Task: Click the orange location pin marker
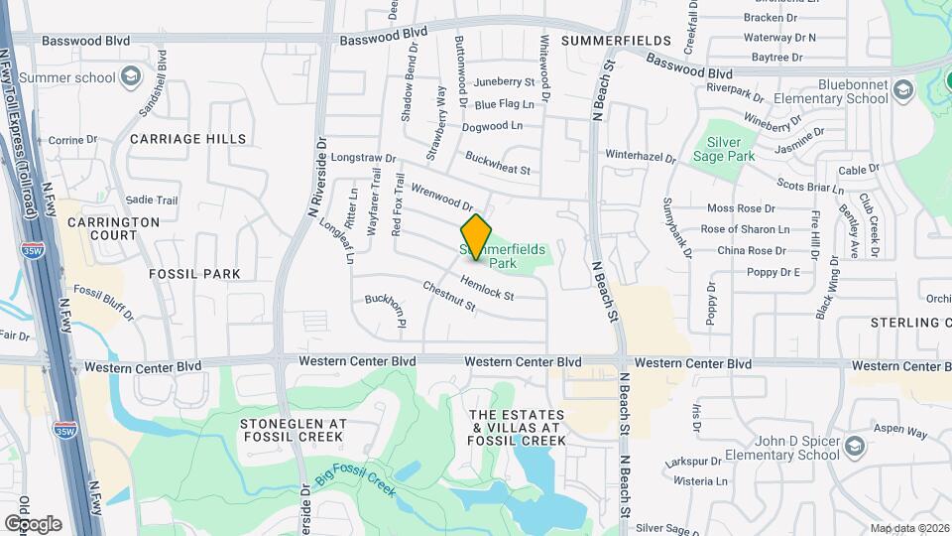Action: coord(477,237)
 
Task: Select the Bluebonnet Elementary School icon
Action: coord(902,91)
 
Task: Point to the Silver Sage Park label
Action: coord(731,149)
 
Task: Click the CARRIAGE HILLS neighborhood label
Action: coord(187,139)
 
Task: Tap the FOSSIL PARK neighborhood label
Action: coord(194,273)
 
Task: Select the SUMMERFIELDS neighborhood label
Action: coord(604,41)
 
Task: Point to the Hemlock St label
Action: coord(486,289)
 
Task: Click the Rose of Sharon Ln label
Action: coord(745,229)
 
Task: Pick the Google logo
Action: coord(33,523)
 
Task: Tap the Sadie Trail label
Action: coord(152,200)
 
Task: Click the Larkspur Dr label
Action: coord(693,462)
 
